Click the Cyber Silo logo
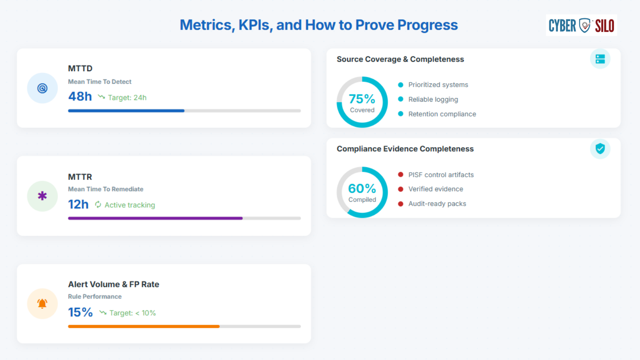click(x=581, y=25)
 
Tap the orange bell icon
click(x=42, y=304)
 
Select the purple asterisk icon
click(x=42, y=196)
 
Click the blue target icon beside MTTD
click(x=42, y=88)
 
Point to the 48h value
click(x=80, y=96)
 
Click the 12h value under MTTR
click(x=78, y=204)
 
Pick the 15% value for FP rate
click(x=80, y=312)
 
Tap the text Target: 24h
click(x=127, y=98)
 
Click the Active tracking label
click(x=130, y=205)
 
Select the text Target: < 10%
click(x=132, y=313)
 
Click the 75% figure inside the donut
click(x=362, y=99)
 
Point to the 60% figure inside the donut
click(x=362, y=188)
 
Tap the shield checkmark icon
click(x=600, y=148)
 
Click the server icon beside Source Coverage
click(x=600, y=59)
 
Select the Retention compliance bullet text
click(x=442, y=114)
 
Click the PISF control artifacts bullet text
click(x=441, y=174)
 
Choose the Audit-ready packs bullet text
click(x=437, y=204)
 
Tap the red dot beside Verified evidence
click(x=400, y=189)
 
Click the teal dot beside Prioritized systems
click(x=400, y=85)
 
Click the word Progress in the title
click(x=428, y=25)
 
